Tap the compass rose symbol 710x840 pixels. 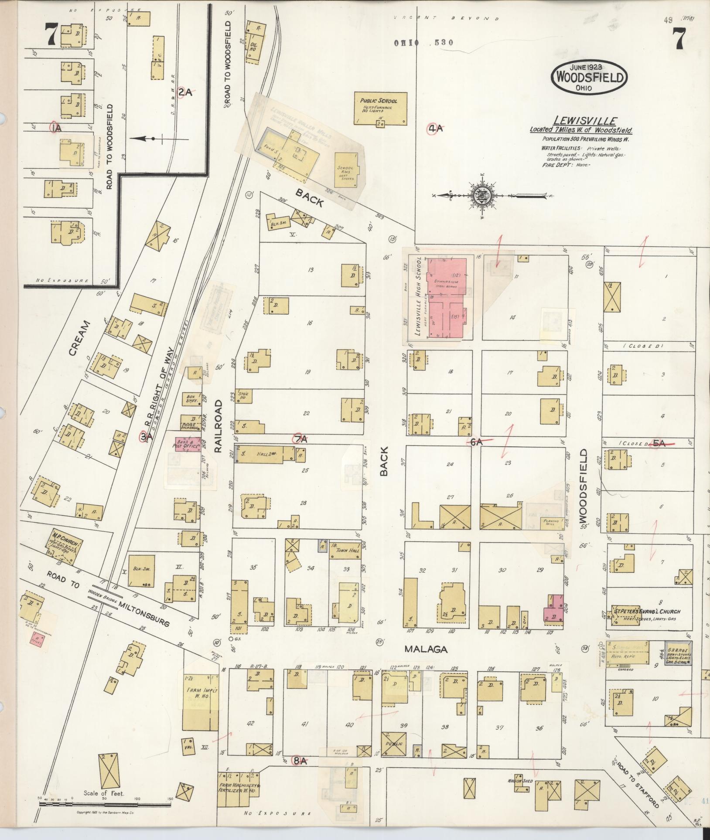482,196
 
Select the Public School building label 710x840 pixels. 381,101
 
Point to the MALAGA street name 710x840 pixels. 426,650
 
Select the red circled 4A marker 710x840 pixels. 435,128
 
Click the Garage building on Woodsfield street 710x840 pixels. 678,653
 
